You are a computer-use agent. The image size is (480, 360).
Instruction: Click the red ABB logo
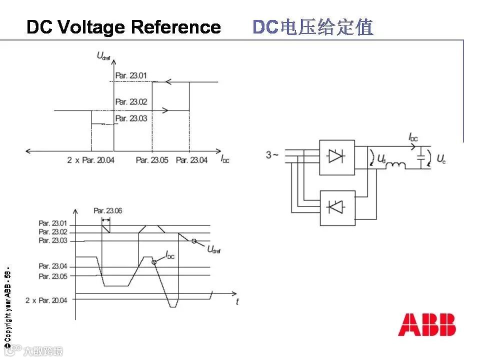click(x=427, y=325)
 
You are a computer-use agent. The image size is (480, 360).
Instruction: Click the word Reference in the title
click(x=176, y=27)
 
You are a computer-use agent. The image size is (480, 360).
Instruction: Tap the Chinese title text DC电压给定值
click(x=313, y=27)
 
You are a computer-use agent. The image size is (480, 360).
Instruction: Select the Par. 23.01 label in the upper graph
click(x=131, y=76)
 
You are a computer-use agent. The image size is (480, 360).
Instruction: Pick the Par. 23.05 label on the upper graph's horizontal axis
click(x=152, y=160)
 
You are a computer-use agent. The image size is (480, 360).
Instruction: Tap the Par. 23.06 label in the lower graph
click(x=107, y=210)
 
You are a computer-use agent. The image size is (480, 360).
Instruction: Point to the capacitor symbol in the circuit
click(x=421, y=157)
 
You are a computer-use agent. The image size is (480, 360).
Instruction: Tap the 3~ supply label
click(x=272, y=155)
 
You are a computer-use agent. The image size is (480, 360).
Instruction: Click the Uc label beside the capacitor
click(x=441, y=159)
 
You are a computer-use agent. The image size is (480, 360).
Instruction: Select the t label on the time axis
click(x=237, y=301)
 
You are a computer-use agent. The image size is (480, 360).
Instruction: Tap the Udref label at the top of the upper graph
click(x=103, y=55)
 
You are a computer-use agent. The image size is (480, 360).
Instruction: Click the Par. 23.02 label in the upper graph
click(x=131, y=102)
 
